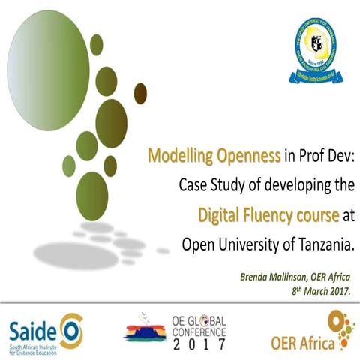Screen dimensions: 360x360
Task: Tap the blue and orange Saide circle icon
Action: (x=70, y=328)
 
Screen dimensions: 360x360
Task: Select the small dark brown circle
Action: (x=140, y=93)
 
